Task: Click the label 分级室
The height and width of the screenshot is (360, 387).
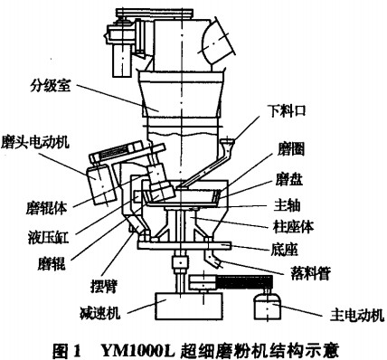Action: [x=50, y=86]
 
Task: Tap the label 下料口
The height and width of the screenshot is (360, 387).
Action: [x=287, y=110]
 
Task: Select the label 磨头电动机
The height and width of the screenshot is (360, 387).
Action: [x=35, y=141]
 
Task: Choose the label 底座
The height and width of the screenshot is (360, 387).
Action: [x=284, y=250]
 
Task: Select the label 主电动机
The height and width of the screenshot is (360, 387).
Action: [x=357, y=316]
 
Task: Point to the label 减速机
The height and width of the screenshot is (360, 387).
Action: [x=100, y=312]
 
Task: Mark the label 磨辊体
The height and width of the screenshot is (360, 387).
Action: [x=46, y=208]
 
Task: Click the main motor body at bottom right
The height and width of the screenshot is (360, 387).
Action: [x=268, y=307]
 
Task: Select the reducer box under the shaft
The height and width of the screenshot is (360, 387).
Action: [x=188, y=306]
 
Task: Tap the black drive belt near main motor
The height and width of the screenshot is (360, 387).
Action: [x=244, y=283]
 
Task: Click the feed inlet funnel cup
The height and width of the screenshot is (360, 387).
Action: [x=228, y=141]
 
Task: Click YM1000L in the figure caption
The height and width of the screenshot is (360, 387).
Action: [x=138, y=350]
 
